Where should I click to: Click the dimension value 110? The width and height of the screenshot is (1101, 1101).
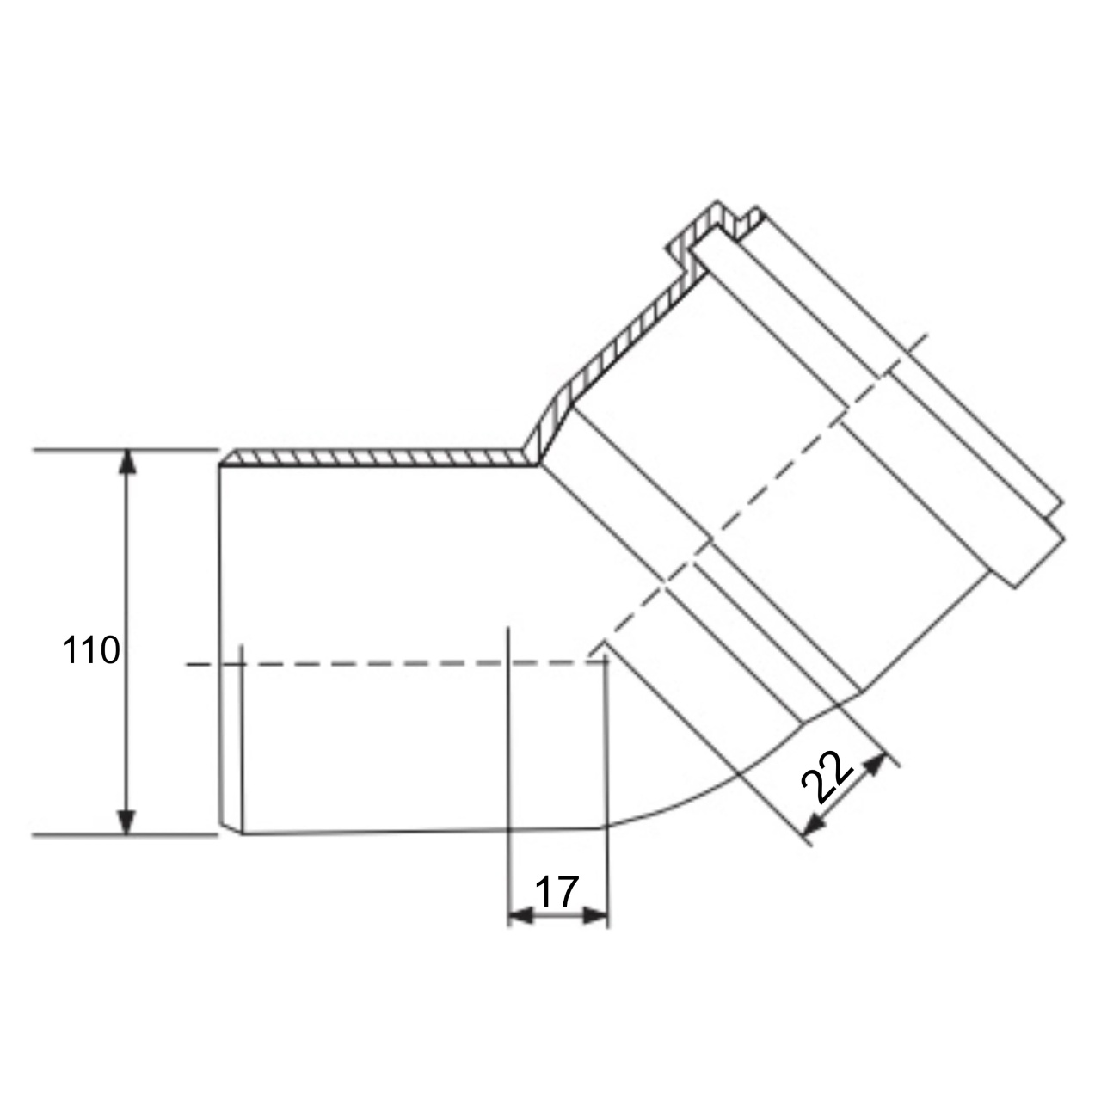(91, 650)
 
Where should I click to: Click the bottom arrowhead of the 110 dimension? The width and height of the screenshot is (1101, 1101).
(126, 822)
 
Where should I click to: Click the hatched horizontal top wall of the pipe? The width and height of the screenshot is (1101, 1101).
(377, 458)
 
